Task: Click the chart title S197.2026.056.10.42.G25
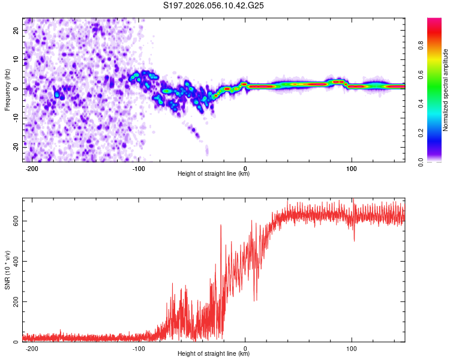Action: (214, 5)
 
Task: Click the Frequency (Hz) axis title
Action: (8, 90)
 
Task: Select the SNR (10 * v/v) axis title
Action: (8, 269)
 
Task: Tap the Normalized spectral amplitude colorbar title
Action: (445, 90)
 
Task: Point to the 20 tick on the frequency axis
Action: (16, 30)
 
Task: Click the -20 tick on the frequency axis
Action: (15, 146)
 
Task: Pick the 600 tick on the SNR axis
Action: (14, 221)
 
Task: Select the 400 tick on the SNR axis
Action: (14, 261)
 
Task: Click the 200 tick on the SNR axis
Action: (14, 301)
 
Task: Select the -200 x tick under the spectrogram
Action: (32, 169)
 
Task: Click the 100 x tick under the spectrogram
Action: (352, 169)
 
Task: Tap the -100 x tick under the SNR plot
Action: (139, 349)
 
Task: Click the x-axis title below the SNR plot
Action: (214, 355)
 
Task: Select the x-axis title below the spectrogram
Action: (214, 174)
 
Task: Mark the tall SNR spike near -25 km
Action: (221, 226)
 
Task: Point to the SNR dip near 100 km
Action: (354, 240)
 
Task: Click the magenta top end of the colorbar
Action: (435, 21)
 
